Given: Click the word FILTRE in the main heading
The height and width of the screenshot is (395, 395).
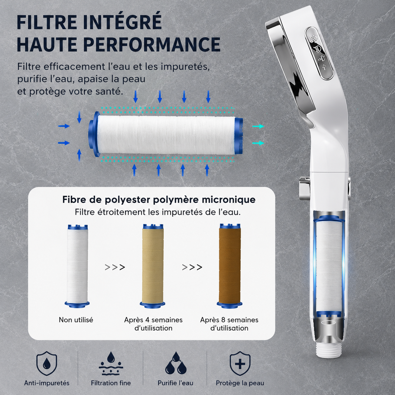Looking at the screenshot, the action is point(47,22).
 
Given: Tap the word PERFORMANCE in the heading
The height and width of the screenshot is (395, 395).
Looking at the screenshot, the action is point(152,44).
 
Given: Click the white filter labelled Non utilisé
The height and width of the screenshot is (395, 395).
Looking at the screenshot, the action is point(77,266).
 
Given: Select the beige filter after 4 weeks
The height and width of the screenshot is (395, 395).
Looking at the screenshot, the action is point(153,266).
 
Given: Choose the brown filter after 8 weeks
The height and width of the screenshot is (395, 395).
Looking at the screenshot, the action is point(229,266).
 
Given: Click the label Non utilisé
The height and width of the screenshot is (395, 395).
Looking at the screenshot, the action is point(76,320).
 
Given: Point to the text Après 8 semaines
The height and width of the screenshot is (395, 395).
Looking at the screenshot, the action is point(229,320).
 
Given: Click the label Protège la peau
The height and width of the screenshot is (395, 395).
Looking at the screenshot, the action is point(240,383).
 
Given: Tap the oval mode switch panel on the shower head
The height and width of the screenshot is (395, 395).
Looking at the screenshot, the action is point(319,53).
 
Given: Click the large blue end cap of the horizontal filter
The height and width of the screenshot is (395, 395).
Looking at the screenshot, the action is point(94,135).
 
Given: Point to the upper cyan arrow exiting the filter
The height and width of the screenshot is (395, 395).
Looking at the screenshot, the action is point(258,126).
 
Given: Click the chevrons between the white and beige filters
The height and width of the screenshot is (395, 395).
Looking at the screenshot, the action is point(115,267).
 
